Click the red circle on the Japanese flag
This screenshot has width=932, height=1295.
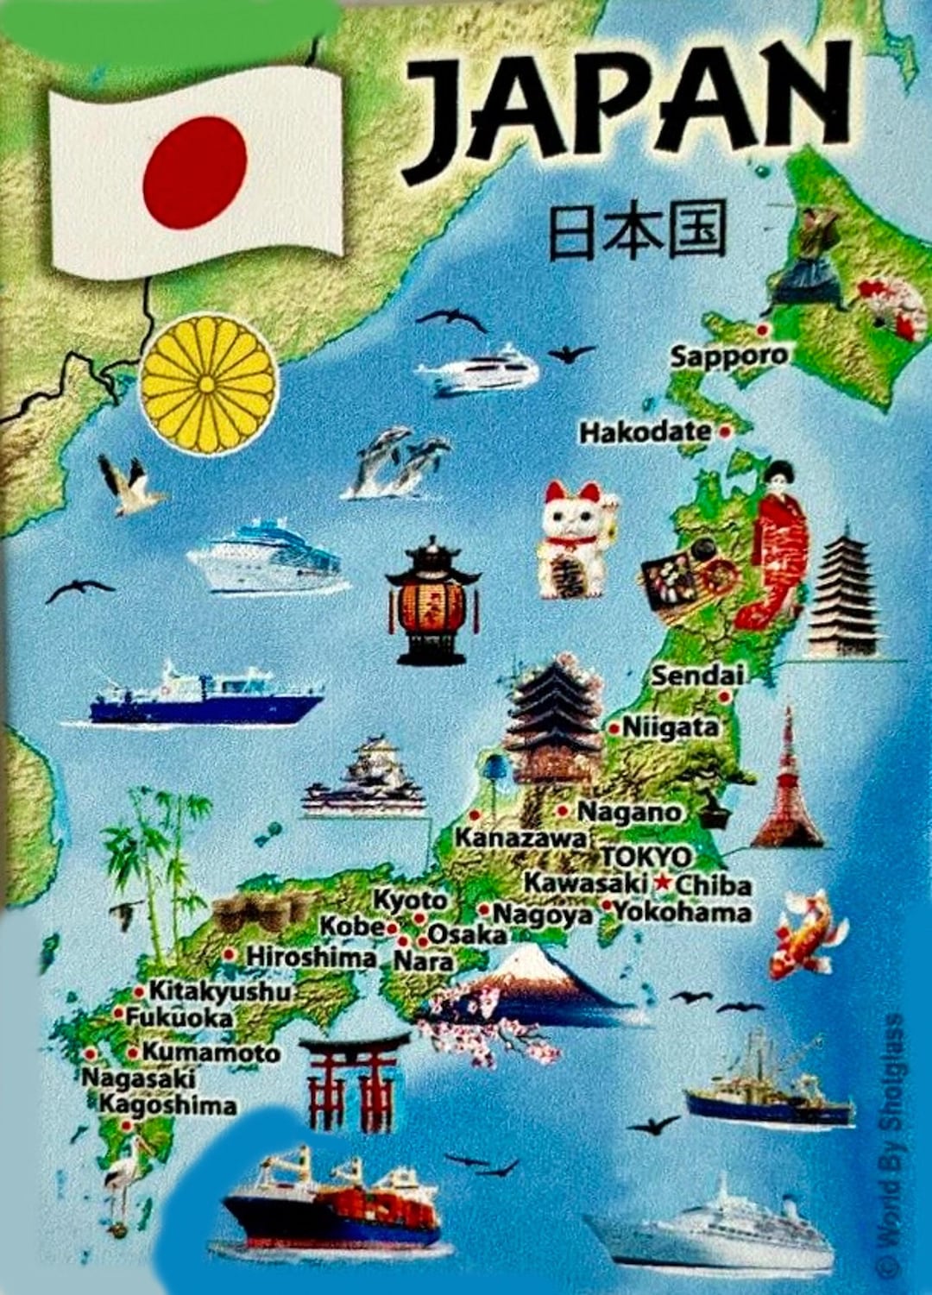(x=195, y=173)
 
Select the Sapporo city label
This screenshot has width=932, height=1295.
(x=729, y=355)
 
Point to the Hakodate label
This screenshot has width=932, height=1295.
(x=645, y=431)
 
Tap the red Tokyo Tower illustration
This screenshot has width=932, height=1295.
(x=787, y=781)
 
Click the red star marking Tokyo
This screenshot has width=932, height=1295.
(x=662, y=882)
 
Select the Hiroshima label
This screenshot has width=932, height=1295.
(x=312, y=957)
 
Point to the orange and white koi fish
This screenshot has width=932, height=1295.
(x=804, y=934)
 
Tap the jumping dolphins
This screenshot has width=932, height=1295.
(x=400, y=462)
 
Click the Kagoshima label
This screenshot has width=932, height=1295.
(x=167, y=1105)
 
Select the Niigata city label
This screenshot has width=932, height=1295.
(x=670, y=727)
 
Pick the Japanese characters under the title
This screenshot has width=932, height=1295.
(x=637, y=231)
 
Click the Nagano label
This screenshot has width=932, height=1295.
(x=629, y=812)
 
